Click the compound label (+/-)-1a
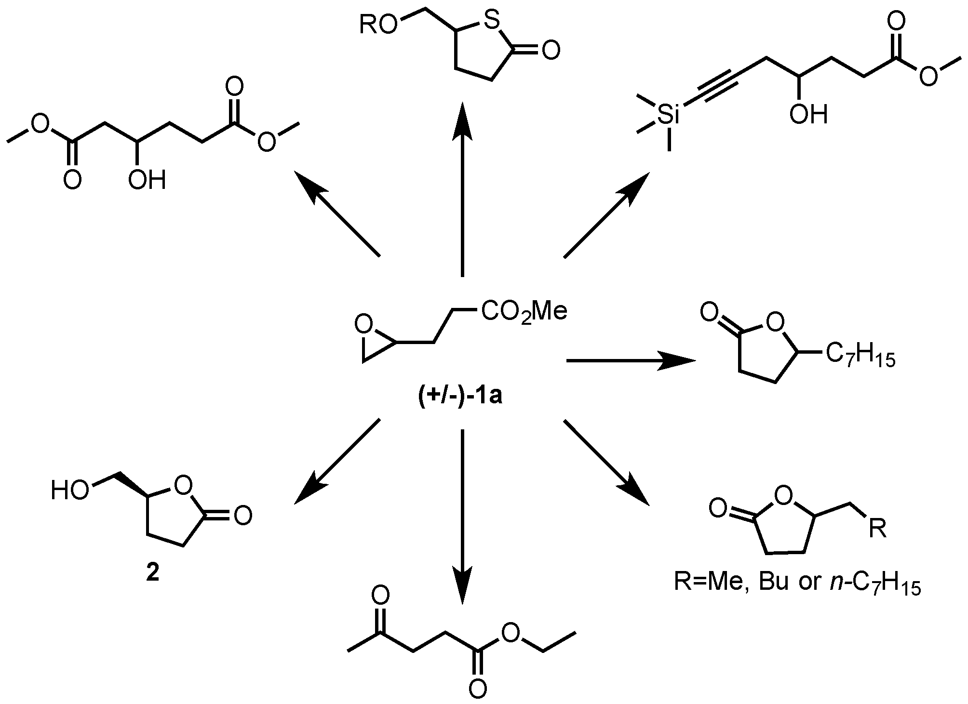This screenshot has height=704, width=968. (460, 398)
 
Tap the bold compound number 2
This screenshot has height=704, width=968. (152, 574)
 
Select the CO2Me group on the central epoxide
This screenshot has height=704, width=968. (524, 312)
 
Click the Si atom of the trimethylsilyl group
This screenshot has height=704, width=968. (669, 116)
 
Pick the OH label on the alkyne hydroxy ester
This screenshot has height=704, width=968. (808, 115)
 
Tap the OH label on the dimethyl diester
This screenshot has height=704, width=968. (147, 180)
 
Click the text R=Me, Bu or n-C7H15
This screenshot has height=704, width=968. (797, 584)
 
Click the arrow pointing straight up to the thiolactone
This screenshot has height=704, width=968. (462, 188)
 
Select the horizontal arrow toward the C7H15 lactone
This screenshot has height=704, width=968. (632, 360)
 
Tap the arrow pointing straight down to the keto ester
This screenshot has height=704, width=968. (462, 516)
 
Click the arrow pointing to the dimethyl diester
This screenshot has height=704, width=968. (337, 214)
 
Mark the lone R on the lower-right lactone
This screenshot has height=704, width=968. (876, 530)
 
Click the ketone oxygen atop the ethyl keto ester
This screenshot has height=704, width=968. (380, 596)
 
